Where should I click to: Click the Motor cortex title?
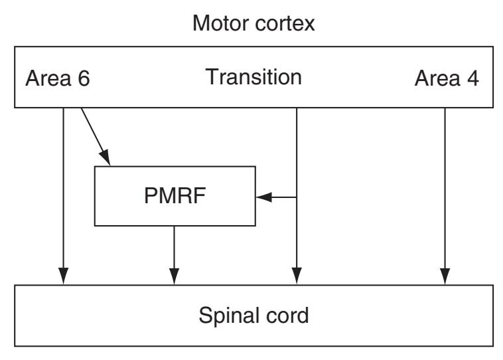tap(253, 27)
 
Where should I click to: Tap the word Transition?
tap(253, 77)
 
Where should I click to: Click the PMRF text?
tap(175, 197)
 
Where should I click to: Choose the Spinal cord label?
tap(253, 315)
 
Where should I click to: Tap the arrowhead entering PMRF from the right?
tap(263, 197)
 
